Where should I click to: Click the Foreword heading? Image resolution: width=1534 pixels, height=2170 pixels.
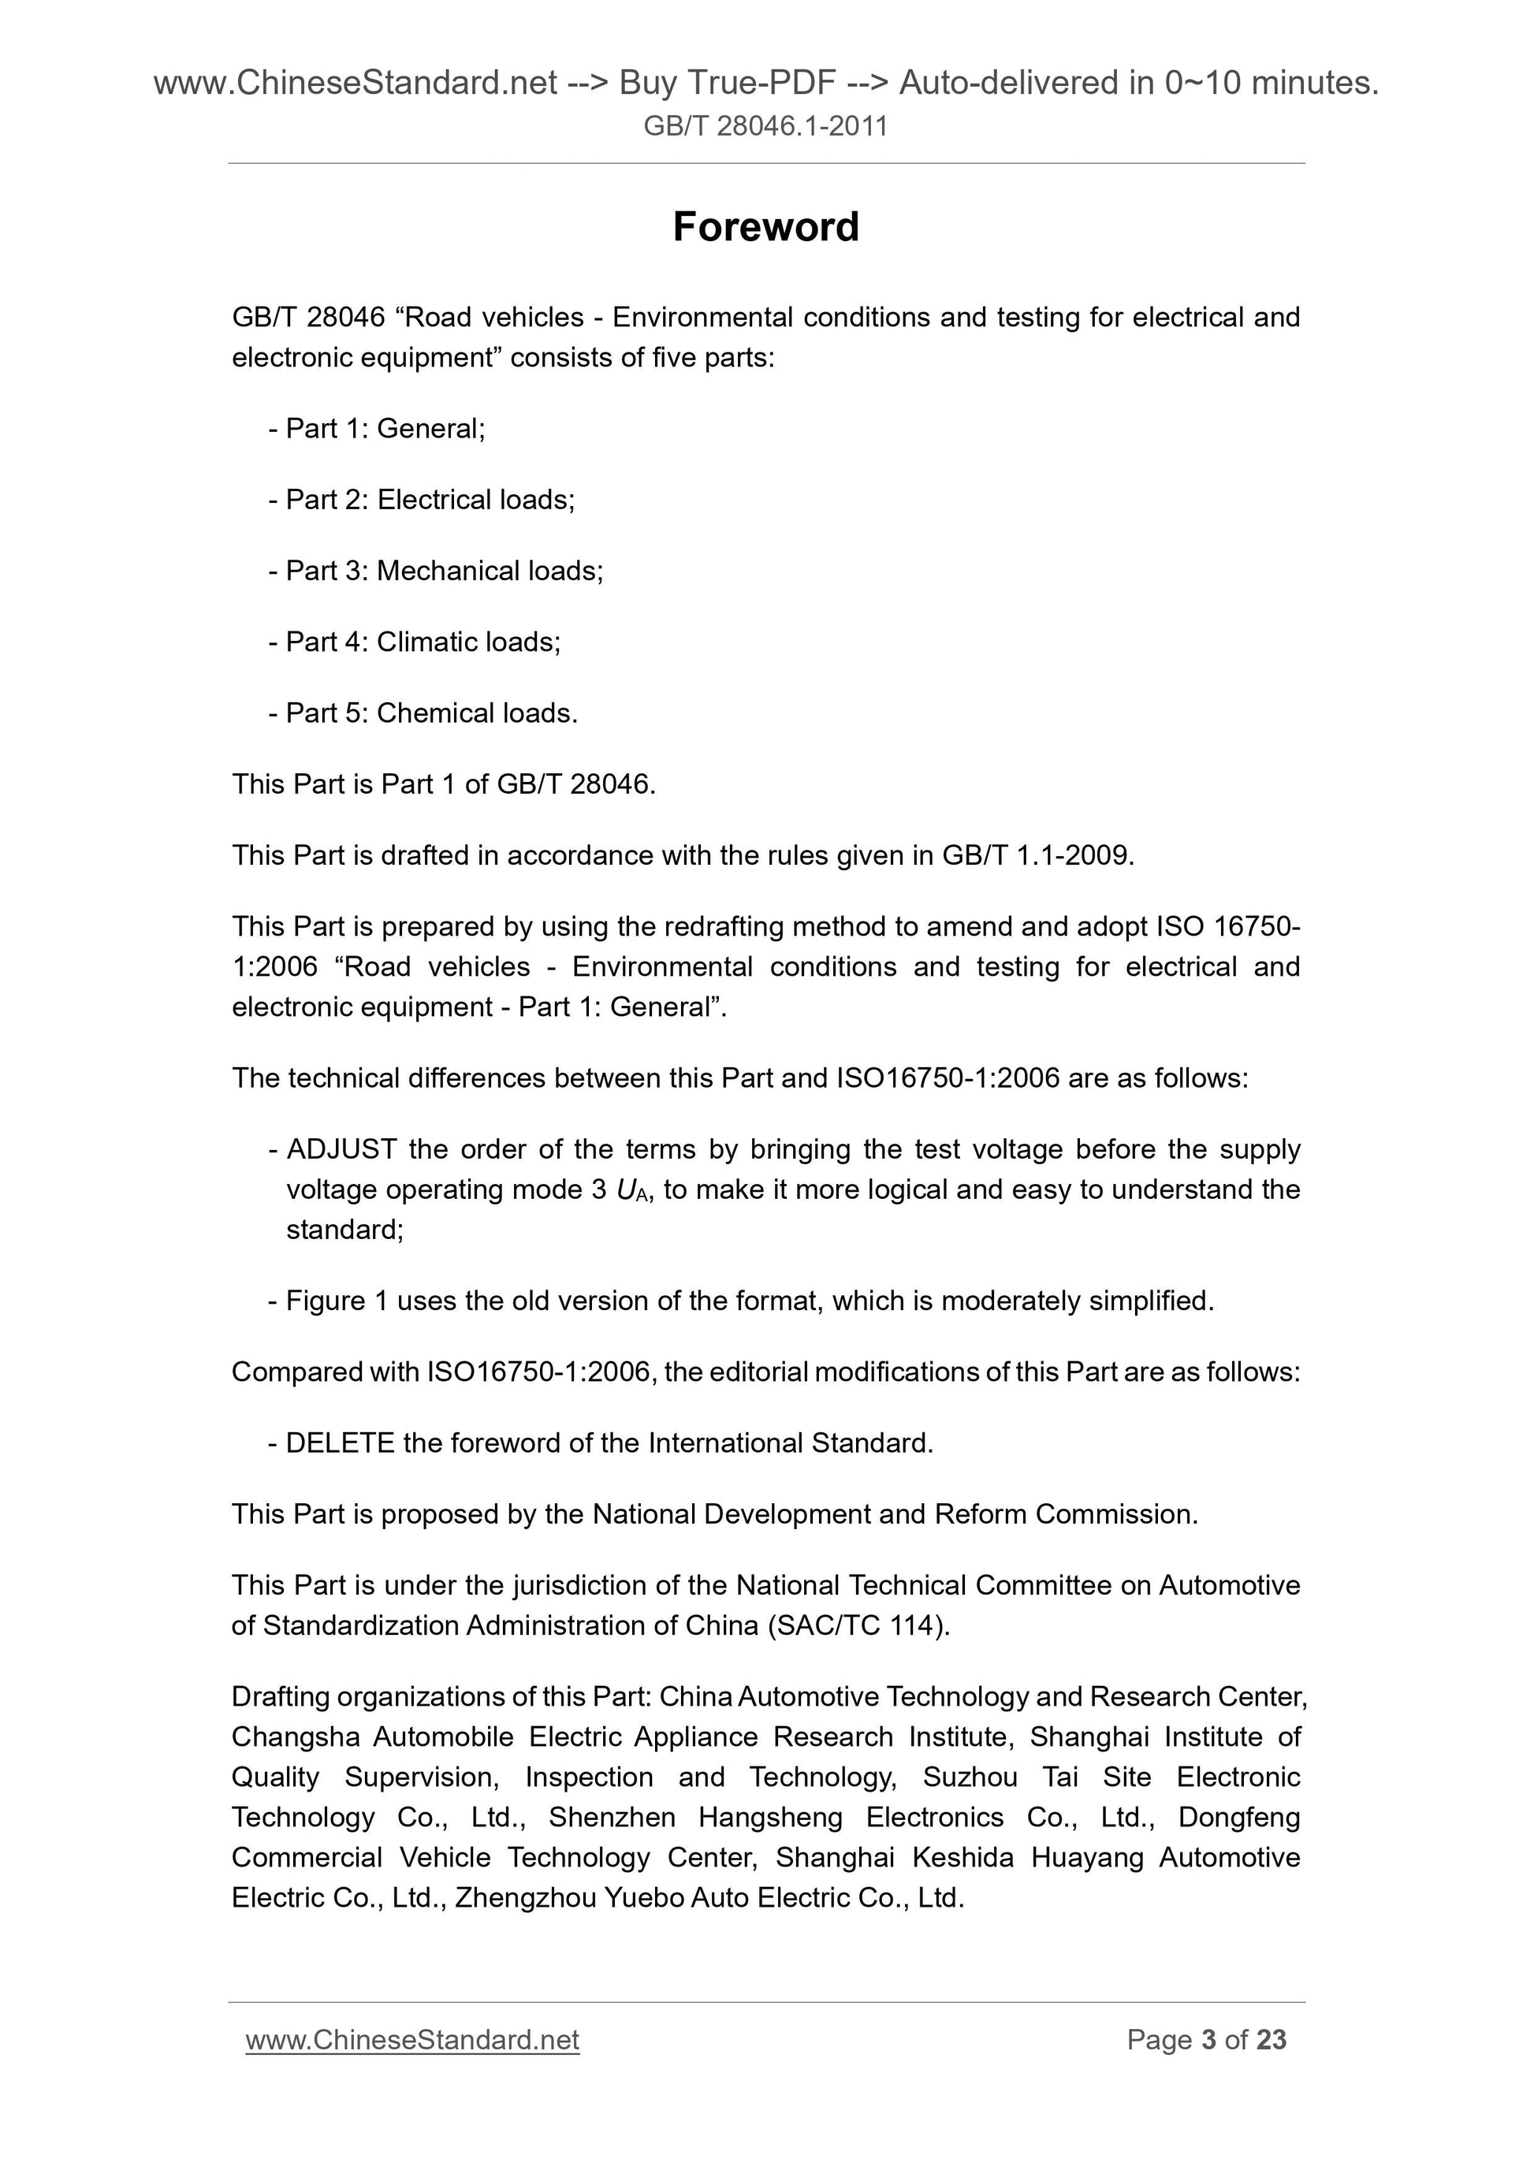pos(765,227)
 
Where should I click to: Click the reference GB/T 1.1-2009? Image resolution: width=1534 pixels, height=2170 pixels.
pos(1036,855)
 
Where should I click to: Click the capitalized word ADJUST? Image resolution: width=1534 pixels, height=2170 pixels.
pos(341,1149)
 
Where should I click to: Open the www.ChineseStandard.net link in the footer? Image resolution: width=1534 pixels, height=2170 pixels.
pos(412,2041)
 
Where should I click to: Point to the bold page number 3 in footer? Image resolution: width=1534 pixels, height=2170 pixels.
pos(1208,2041)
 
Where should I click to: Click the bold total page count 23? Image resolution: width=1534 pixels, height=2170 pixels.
pos(1272,2041)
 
